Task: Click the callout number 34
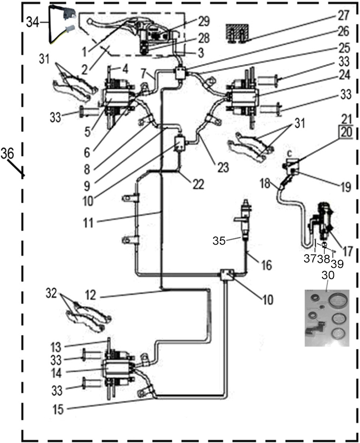33,22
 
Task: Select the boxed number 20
347,132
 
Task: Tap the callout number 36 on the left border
7,153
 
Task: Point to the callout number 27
343,16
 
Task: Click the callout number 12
90,296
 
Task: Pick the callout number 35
219,241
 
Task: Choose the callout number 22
198,184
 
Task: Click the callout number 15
58,410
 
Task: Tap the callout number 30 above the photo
328,275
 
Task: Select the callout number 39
337,264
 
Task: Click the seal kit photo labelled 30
327,318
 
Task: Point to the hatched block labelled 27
238,33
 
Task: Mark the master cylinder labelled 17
322,223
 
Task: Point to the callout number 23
223,167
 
